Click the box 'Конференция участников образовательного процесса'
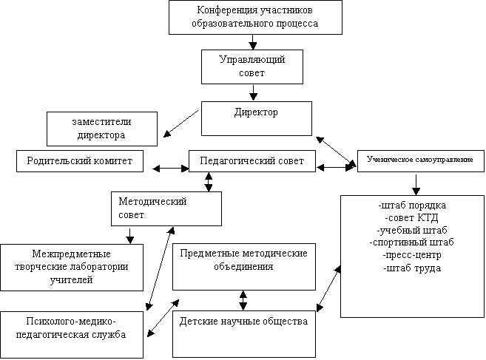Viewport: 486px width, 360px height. pyautogui.click(x=255, y=17)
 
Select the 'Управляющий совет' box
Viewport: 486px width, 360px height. pyautogui.click(x=252, y=67)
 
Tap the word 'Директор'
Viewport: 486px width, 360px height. pyautogui.click(x=256, y=112)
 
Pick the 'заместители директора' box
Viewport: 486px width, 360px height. pyautogui.click(x=102, y=129)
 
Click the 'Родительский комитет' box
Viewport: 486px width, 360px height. pyautogui.click(x=80, y=161)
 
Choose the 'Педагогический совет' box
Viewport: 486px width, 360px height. pyautogui.click(x=252, y=161)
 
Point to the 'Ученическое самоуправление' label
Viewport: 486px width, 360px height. pyautogui.click(x=420, y=160)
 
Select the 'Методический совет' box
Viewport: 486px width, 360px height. pyautogui.click(x=166, y=208)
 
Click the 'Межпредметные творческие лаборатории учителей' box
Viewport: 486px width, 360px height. pyautogui.click(x=72, y=268)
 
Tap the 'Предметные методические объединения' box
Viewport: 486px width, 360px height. pyautogui.click(x=244, y=267)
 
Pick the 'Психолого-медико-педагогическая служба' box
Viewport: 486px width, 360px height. pyautogui.click(x=72, y=335)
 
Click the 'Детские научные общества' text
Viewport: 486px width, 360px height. pyautogui.click(x=243, y=322)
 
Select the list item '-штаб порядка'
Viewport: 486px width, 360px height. pyautogui.click(x=412, y=206)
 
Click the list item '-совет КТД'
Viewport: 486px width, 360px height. pyautogui.click(x=412, y=218)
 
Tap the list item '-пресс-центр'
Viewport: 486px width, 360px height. pyautogui.click(x=412, y=255)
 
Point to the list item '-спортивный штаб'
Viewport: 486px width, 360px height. pyautogui.click(x=411, y=242)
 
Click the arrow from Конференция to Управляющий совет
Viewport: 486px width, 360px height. pyautogui.click(x=253, y=42)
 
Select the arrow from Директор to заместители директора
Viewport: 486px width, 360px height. pyautogui.click(x=180, y=123)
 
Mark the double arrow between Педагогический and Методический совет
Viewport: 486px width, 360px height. pyautogui.click(x=209, y=182)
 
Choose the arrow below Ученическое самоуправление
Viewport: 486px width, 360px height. pyautogui.click(x=416, y=185)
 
